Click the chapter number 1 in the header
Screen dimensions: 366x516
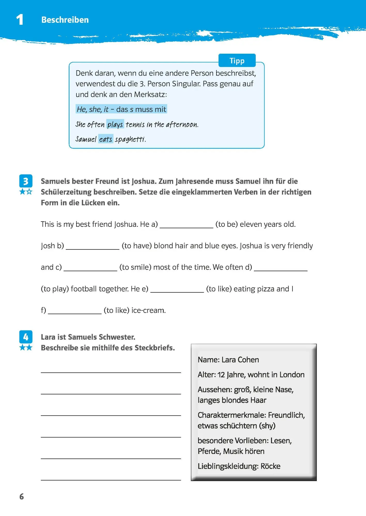click(20, 20)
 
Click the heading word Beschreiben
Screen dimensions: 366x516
click(65, 20)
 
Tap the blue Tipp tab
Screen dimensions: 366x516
click(237, 61)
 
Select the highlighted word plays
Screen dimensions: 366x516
click(115, 124)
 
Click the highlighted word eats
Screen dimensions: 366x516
click(106, 139)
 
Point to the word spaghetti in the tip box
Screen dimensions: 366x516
click(130, 139)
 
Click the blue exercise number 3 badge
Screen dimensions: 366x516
click(26, 181)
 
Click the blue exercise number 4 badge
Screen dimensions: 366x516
click(26, 337)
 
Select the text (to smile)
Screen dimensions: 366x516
click(135, 267)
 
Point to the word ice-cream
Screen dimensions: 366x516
click(148, 310)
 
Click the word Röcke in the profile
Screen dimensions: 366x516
click(270, 466)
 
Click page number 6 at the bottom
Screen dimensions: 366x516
click(22, 497)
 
